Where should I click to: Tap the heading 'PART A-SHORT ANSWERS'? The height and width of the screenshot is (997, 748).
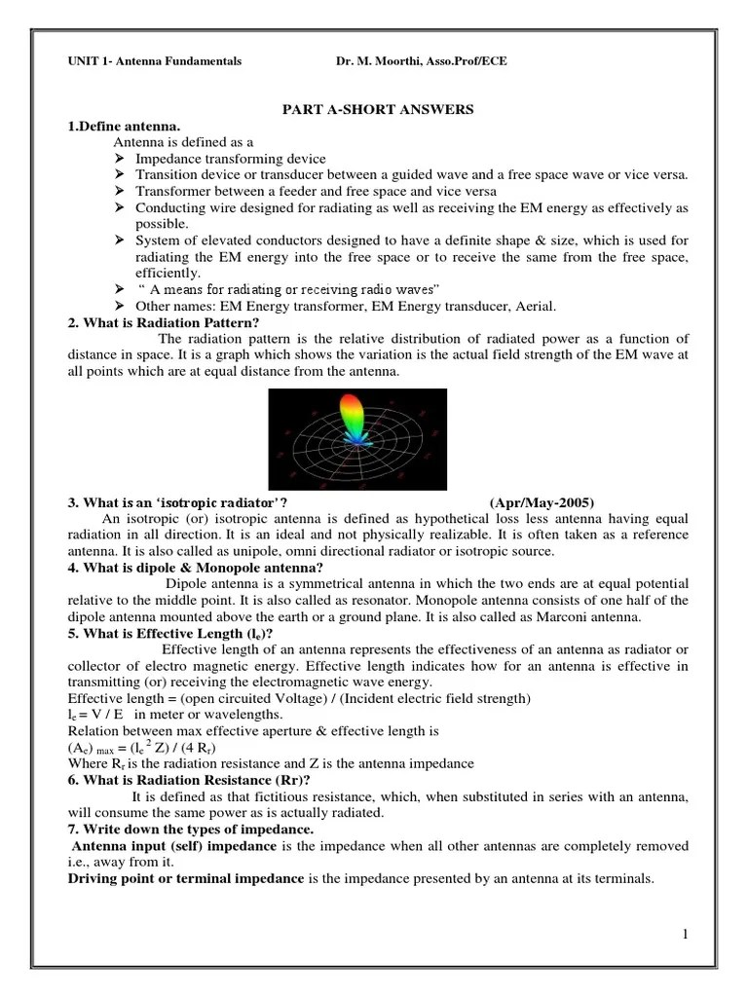coord(378,110)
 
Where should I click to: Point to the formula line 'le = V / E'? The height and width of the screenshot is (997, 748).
coord(93,716)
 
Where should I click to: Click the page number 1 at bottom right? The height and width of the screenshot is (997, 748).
coord(686,935)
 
